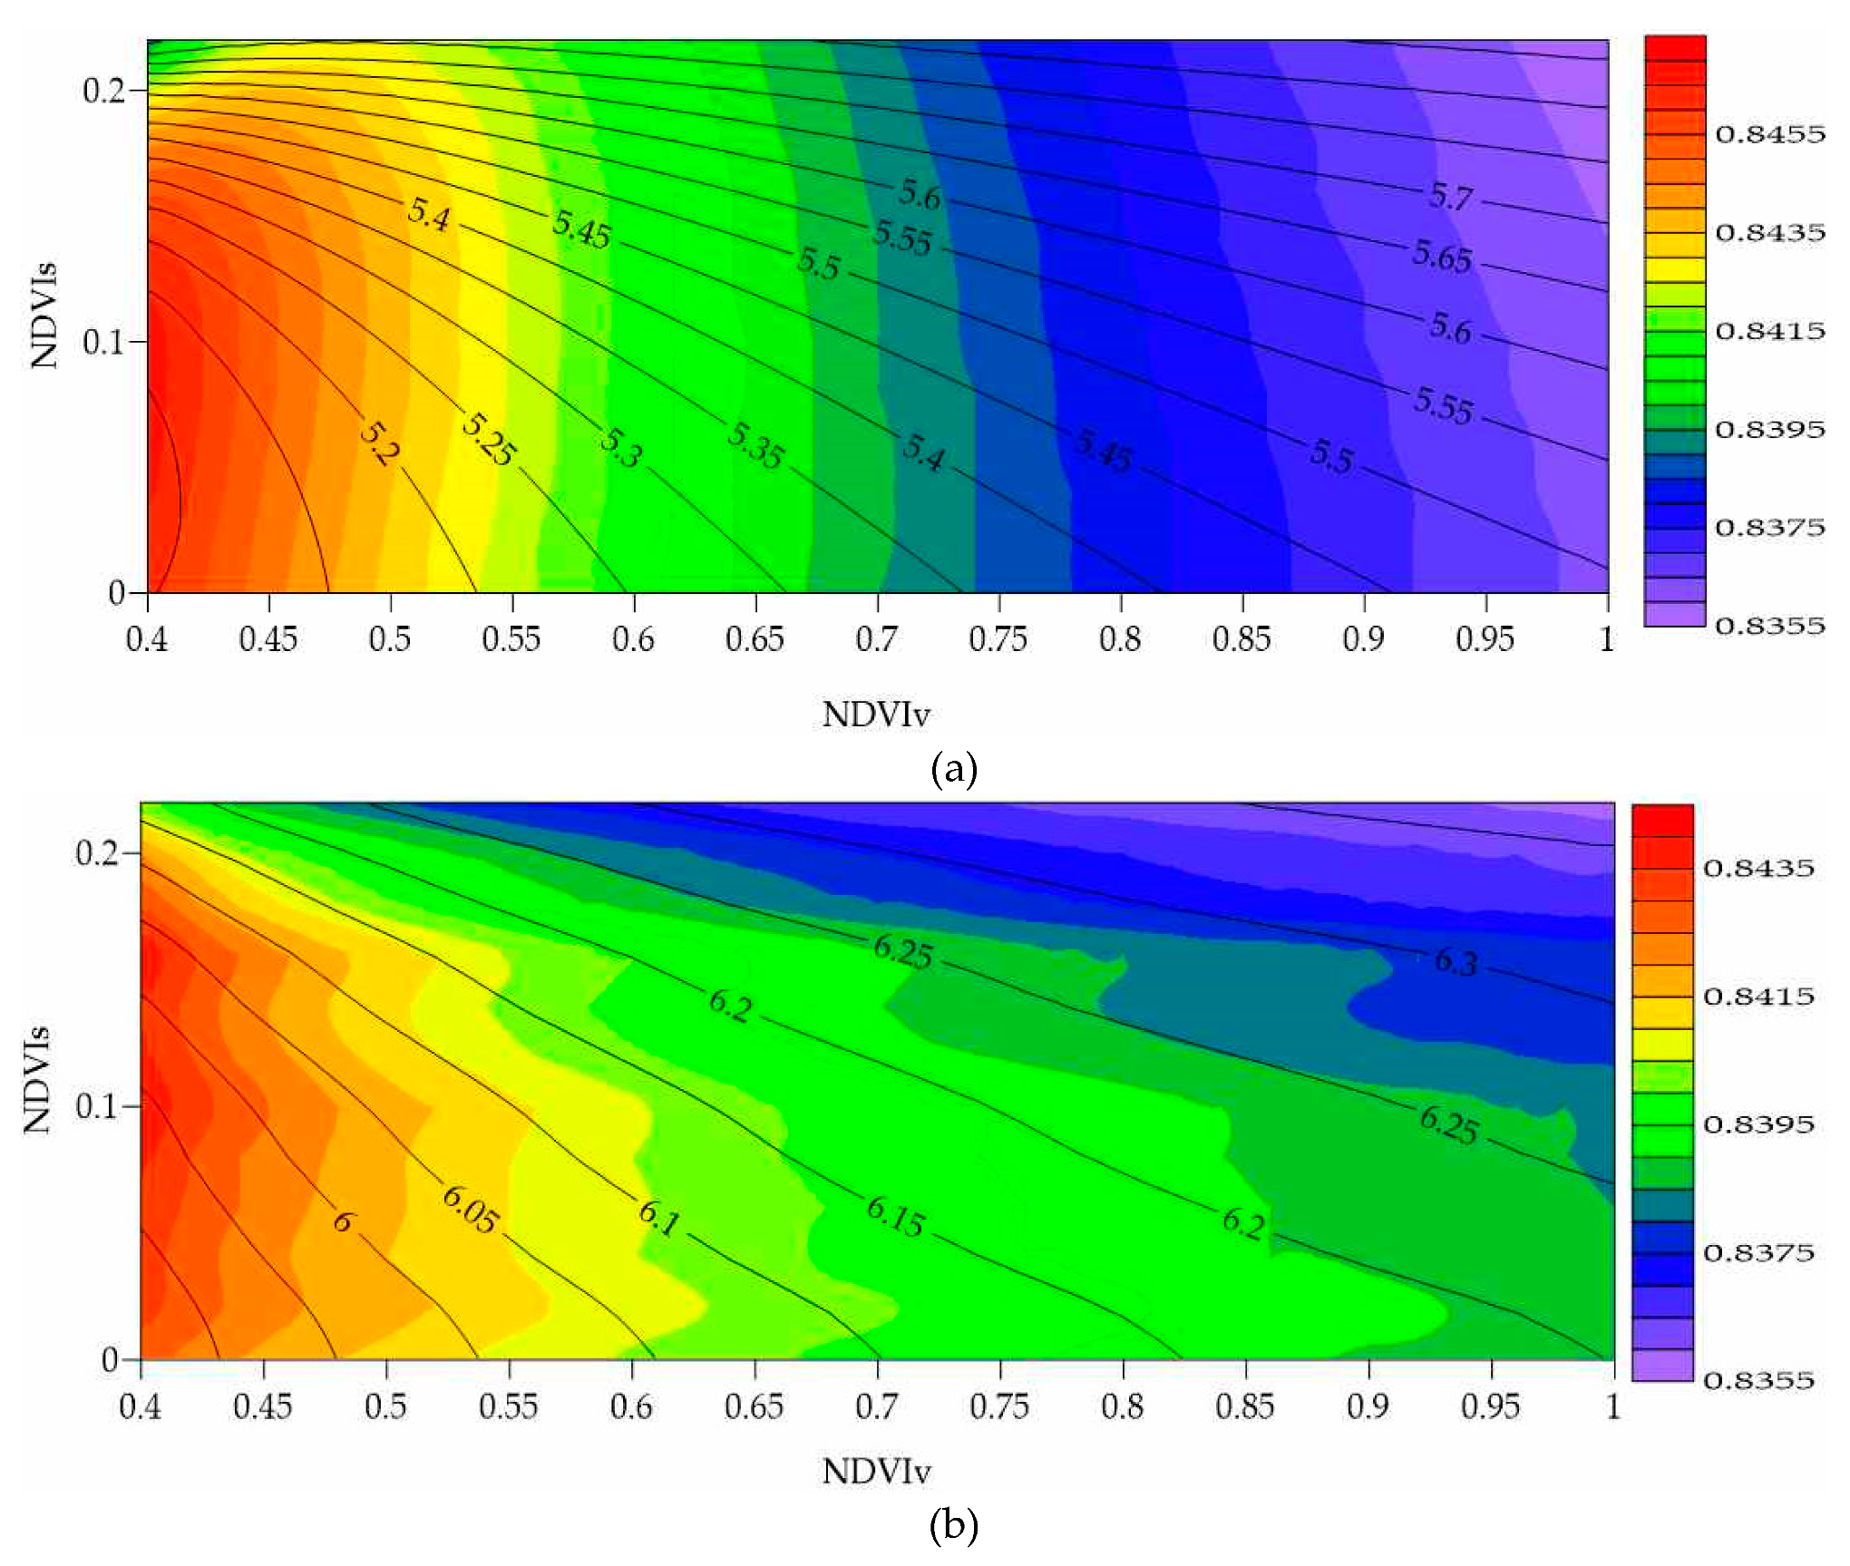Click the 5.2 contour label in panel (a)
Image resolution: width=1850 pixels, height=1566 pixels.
(379, 443)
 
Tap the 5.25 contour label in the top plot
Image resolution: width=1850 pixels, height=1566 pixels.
(489, 440)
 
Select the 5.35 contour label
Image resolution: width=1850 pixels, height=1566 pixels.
(755, 446)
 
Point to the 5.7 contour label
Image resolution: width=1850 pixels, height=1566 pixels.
(1452, 197)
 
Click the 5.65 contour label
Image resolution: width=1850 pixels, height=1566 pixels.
(1442, 257)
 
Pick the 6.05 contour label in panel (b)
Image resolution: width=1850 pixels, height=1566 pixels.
(470, 1210)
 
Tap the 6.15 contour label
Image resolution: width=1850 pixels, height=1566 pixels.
(895, 1217)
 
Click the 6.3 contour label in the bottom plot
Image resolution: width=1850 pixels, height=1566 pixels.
(1456, 961)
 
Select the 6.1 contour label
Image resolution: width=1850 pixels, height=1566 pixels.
(659, 1219)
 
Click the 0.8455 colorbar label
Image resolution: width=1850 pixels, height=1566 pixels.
(1769, 135)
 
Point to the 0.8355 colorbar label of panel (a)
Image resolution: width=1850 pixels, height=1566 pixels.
(1769, 626)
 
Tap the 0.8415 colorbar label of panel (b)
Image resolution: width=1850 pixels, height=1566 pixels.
(1758, 997)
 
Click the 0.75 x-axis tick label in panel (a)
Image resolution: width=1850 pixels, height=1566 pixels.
(998, 640)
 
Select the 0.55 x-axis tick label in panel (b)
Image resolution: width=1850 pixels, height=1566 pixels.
(508, 1407)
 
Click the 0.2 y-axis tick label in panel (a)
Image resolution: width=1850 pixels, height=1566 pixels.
(103, 91)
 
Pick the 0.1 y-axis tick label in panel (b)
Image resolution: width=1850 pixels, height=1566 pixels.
(96, 1106)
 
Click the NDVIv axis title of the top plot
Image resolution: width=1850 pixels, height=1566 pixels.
(876, 715)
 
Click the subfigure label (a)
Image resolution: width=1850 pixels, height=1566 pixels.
(953, 769)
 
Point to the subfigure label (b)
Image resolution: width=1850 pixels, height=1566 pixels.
(953, 1525)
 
